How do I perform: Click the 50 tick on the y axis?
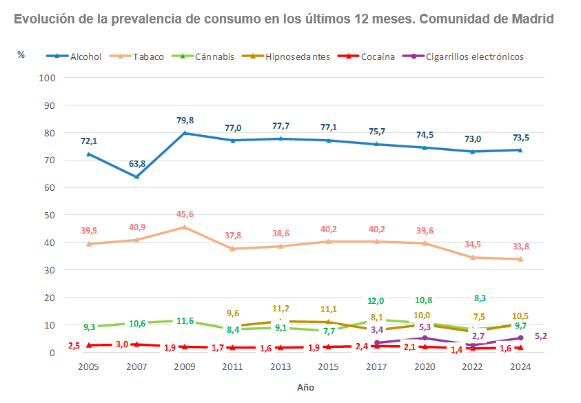49,215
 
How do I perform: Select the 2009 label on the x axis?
185,367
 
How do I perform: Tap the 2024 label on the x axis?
520,367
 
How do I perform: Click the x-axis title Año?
305,387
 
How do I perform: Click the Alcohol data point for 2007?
136,176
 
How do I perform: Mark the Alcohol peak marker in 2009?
185,133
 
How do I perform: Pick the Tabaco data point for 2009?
185,227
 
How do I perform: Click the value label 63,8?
136,164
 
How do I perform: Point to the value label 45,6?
185,214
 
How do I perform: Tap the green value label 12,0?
376,301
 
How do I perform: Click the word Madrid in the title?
531,19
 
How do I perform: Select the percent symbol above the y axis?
21,54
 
